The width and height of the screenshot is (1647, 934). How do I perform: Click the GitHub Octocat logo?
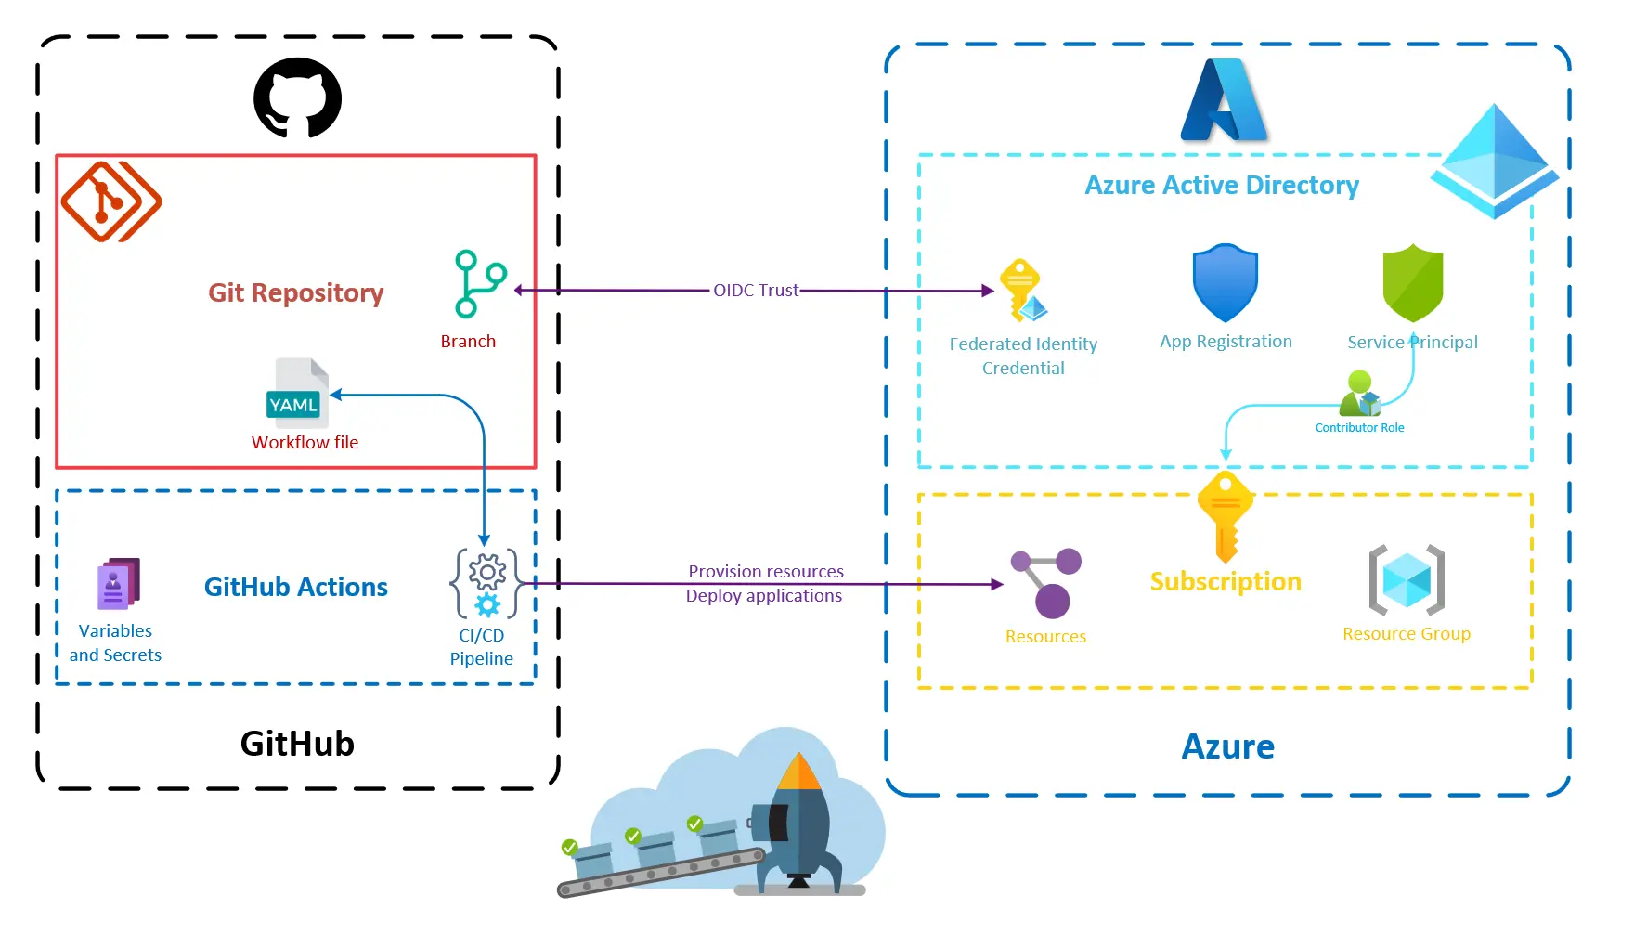pos(297,98)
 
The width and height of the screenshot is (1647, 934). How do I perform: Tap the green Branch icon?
pos(479,284)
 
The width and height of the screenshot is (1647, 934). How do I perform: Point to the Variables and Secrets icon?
pos(118,584)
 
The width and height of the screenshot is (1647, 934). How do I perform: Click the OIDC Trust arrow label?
pos(755,291)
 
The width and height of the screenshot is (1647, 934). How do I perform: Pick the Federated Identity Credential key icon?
pos(1022,290)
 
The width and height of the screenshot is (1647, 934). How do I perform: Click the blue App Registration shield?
pos(1225,283)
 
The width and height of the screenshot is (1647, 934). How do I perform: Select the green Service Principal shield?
pos(1412,283)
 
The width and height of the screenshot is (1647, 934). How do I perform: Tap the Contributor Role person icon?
pos(1360,395)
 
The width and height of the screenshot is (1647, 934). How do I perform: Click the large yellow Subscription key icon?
pos(1226,516)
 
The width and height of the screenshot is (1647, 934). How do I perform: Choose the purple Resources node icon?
pos(1046,582)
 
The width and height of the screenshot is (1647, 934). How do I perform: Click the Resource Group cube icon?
pos(1407,580)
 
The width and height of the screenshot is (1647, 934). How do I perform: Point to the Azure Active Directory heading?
pos(1221,186)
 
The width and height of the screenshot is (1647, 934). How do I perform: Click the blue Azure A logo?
pos(1223,101)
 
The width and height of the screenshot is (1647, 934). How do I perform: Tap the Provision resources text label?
pos(765,572)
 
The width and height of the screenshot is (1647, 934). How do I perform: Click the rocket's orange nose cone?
pos(799,772)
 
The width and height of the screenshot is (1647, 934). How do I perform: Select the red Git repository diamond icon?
pos(110,201)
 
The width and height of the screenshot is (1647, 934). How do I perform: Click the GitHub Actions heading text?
pos(295,587)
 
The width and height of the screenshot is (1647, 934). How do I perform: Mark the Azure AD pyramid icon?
pos(1493,162)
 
